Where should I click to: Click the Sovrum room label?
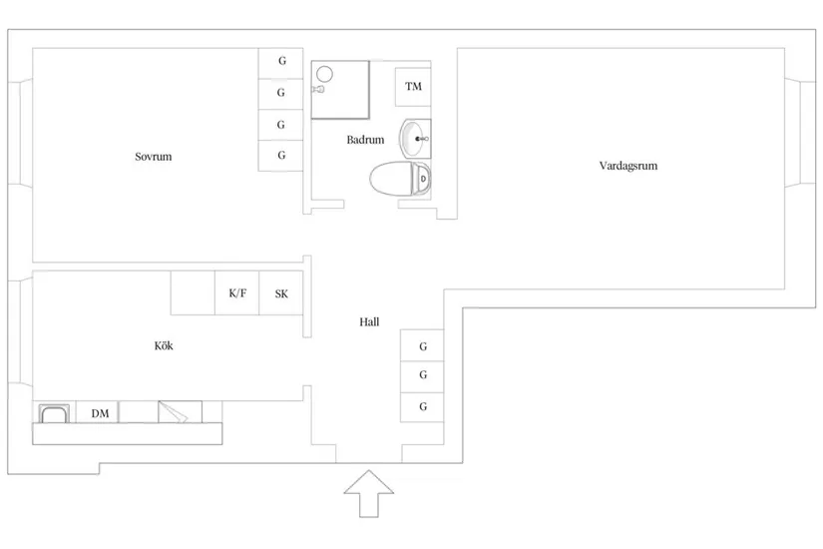154,157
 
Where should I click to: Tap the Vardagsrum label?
628,166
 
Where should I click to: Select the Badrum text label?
365,140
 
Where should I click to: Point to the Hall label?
369,322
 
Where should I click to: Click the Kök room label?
164,345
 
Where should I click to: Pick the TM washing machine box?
413,87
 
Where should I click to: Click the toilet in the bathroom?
400,179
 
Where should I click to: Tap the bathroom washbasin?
415,139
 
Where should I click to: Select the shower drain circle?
324,74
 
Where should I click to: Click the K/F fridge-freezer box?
237,293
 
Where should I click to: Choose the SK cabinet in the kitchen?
281,293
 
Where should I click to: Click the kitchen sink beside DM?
54,413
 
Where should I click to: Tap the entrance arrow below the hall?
369,494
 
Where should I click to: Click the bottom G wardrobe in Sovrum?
280,156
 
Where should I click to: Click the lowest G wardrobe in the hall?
422,407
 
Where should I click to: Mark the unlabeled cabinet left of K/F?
193,293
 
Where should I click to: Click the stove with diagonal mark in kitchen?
180,412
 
